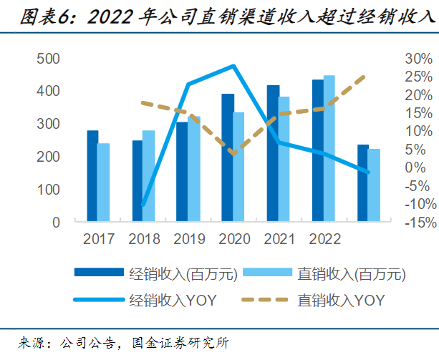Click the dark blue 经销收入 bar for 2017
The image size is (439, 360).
[x=92, y=176]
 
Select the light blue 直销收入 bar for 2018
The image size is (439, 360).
[x=148, y=176]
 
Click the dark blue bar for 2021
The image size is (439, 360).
[x=273, y=153]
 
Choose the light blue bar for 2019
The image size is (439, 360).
[x=194, y=169]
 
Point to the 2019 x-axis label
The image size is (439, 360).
[x=188, y=239]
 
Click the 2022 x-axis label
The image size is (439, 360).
[x=323, y=239]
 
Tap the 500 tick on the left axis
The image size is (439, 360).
[x=48, y=59]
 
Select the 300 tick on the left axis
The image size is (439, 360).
[x=48, y=124]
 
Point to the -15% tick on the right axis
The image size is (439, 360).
[x=415, y=223]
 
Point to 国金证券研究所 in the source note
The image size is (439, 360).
[x=178, y=342]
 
